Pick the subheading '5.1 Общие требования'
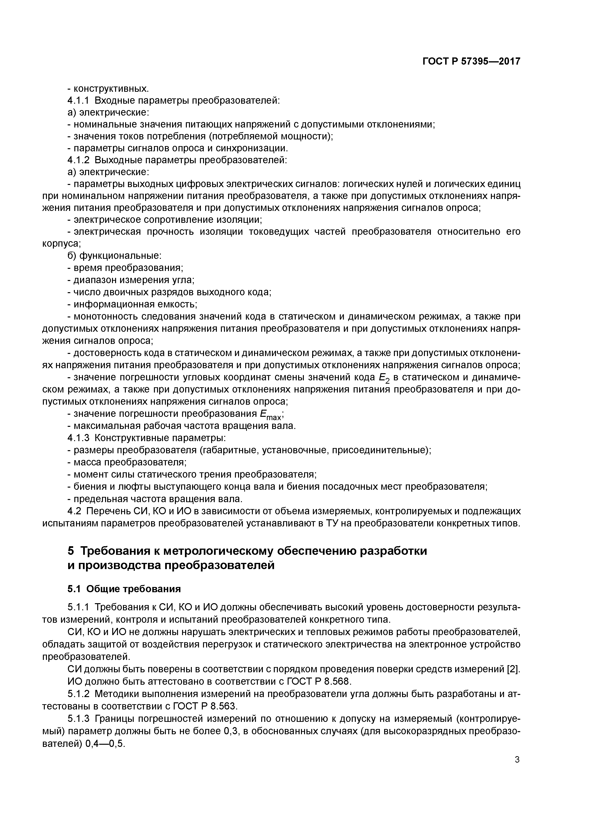click(124, 589)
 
